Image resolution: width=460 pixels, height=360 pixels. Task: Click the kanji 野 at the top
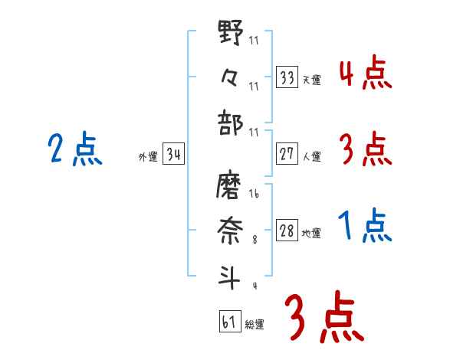point(230,36)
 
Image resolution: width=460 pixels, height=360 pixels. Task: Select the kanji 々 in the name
point(230,77)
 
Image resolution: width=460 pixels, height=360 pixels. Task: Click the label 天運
point(311,80)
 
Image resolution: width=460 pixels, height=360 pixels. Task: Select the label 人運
point(311,156)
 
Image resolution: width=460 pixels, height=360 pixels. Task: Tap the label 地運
point(311,233)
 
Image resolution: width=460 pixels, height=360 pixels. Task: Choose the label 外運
point(147,156)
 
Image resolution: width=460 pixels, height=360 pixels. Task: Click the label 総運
point(255,324)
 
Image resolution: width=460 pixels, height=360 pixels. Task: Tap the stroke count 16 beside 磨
point(254,195)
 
